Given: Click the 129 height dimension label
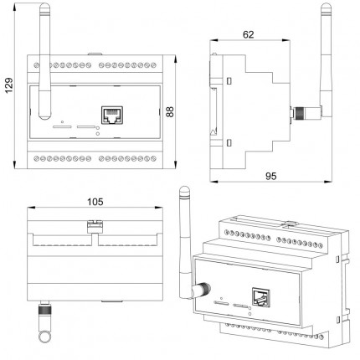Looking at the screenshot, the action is pos(9,85).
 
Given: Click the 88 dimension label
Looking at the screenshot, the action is pos(170,111).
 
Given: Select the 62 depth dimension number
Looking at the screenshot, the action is pos(249,34).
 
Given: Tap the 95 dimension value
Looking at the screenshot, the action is pos(270,176).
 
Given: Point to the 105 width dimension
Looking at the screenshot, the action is pos(95,202).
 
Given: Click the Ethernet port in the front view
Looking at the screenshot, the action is pos(112,115).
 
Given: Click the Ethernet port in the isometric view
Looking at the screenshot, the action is pos(261,297).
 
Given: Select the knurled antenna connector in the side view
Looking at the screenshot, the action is pos(300,112).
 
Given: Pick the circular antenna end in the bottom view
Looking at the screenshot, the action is pos(44,337).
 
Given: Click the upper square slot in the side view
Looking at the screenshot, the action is pos(229,80).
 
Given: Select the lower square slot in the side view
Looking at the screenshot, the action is pos(229,143).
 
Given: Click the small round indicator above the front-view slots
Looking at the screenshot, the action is pos(62,122).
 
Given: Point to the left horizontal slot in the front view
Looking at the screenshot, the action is pos(62,127).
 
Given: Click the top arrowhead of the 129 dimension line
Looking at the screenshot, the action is pos(15,6).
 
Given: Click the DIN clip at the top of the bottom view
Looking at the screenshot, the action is pos(95,226).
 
